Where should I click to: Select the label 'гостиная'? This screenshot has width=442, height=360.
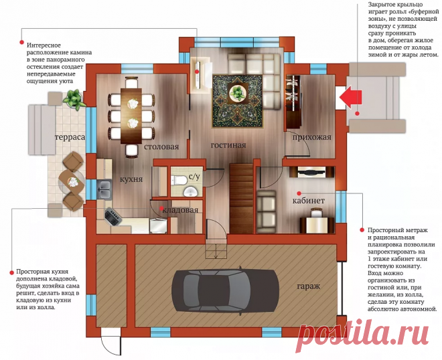(x=228, y=145)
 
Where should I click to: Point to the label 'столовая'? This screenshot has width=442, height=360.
(x=161, y=147)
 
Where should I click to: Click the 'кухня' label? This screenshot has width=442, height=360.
(x=131, y=179)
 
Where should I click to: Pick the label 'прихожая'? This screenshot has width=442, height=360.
(x=312, y=137)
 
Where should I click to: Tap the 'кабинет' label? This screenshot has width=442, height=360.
(x=308, y=200)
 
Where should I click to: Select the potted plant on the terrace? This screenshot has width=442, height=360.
(x=72, y=99)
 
